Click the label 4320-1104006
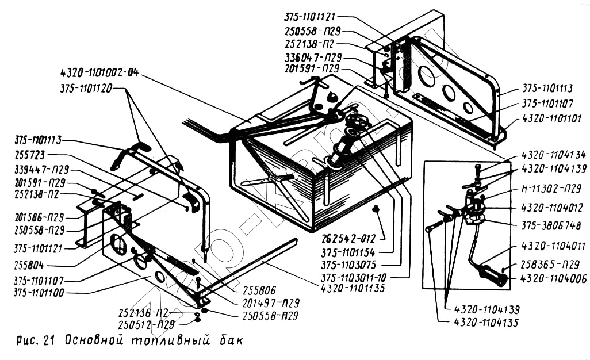tap(553, 279)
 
